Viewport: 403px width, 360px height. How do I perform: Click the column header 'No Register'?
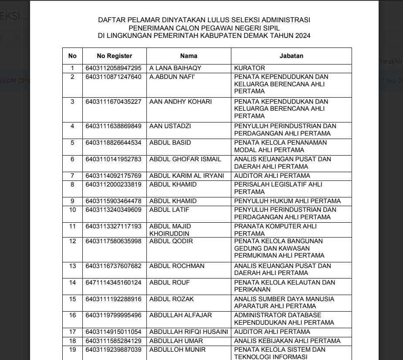[x=115, y=56]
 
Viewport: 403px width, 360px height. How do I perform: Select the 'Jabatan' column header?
[x=291, y=56]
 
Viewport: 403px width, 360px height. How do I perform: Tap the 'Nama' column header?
[x=189, y=56]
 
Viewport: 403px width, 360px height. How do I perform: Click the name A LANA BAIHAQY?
[x=176, y=68]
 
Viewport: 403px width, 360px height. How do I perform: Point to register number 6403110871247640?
[x=114, y=77]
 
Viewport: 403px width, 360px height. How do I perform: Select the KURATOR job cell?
[x=250, y=68]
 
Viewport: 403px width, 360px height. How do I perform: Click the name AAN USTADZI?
[x=170, y=126]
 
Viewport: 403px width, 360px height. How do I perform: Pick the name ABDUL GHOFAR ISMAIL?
[x=185, y=160]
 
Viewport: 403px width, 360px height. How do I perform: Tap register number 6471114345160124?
[x=114, y=282]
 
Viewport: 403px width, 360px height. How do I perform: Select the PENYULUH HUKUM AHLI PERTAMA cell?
[x=288, y=201]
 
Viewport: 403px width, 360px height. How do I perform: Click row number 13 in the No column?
[x=73, y=266]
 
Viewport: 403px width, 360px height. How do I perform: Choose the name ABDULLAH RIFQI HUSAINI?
[x=189, y=332]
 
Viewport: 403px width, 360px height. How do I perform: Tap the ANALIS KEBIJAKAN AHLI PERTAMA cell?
[x=287, y=341]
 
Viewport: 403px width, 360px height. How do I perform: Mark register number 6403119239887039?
[x=114, y=350]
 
